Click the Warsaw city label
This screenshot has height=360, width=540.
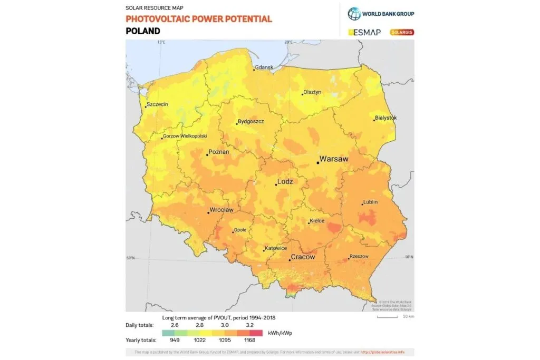pyautogui.click(x=335, y=159)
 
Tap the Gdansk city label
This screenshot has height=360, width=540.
pyautogui.click(x=264, y=68)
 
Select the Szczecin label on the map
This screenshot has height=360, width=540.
pyautogui.click(x=158, y=104)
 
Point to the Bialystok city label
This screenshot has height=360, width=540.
pyautogui.click(x=385, y=118)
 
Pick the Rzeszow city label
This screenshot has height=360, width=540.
pyautogui.click(x=359, y=257)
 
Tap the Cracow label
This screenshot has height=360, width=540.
pyautogui.click(x=304, y=257)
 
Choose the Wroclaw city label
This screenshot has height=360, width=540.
pyautogui.click(x=221, y=210)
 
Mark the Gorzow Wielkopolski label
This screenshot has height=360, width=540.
pyautogui.click(x=185, y=136)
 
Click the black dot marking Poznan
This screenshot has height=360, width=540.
pyautogui.click(x=207, y=154)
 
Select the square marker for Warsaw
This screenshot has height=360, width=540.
pyautogui.click(x=317, y=163)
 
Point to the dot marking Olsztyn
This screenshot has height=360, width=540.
pyautogui.click(x=303, y=94)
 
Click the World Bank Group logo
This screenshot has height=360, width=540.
pyautogui.click(x=381, y=13)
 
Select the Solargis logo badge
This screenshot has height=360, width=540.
pyautogui.click(x=402, y=32)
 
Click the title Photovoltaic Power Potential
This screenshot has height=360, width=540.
pyautogui.click(x=199, y=19)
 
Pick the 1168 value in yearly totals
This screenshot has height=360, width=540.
pyautogui.click(x=250, y=340)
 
